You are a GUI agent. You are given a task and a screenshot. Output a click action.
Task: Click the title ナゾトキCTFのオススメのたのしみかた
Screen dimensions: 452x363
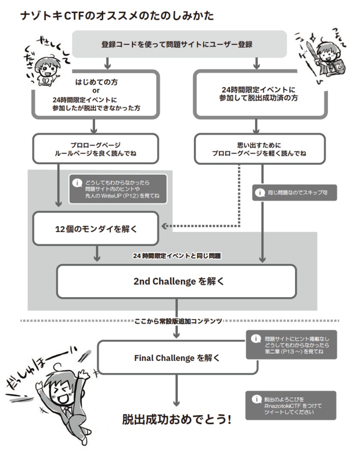point(117,16)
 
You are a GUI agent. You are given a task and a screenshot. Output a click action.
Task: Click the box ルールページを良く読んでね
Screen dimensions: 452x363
point(96,149)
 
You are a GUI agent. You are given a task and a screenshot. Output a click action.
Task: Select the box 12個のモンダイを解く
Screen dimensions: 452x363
point(96,229)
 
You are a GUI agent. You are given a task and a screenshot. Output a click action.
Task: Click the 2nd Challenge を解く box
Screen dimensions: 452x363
point(176,281)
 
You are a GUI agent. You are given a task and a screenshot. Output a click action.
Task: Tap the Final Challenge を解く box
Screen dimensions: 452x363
point(176,358)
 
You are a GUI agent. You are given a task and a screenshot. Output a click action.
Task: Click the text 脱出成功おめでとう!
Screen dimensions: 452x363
point(176,419)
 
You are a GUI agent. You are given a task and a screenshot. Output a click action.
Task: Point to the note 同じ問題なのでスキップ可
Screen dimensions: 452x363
point(294,193)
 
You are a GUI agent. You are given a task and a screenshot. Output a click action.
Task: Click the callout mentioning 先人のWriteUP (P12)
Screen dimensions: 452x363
point(118,189)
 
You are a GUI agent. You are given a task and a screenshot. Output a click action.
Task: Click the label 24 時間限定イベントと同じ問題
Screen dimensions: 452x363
point(176,256)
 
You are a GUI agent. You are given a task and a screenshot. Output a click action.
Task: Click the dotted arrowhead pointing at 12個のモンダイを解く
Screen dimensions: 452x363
point(165,226)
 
